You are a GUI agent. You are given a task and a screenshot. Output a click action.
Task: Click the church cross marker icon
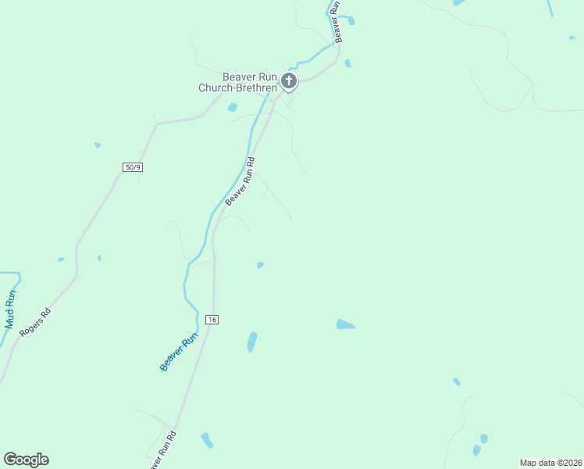click(x=289, y=81)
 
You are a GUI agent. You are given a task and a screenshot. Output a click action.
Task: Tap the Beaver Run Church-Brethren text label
click(x=239, y=82)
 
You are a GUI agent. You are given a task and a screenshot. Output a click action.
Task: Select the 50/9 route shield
click(x=134, y=167)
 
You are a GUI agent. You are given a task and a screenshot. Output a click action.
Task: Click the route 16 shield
click(x=212, y=320)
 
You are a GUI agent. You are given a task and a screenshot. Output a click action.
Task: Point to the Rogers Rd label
click(x=35, y=321)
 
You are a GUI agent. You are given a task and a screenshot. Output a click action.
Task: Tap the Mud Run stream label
click(x=10, y=309)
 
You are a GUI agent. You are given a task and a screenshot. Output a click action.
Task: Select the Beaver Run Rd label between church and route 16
click(x=240, y=182)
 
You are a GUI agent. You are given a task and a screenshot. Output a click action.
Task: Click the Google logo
click(x=26, y=460)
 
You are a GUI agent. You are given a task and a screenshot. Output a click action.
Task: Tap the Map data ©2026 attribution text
click(x=550, y=463)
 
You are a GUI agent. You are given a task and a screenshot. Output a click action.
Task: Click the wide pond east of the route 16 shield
click(x=345, y=324)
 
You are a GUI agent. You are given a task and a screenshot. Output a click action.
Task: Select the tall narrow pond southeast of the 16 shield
click(x=252, y=342)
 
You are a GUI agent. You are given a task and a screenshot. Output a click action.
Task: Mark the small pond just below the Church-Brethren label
click(x=232, y=107)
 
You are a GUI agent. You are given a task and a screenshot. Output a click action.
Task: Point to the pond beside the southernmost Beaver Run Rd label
click(x=207, y=440)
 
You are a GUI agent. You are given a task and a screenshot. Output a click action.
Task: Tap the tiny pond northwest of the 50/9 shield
click(x=98, y=145)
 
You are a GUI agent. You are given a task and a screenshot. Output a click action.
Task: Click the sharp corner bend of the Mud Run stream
click(x=19, y=274)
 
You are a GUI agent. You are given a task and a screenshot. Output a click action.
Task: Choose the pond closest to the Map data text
click(x=477, y=450)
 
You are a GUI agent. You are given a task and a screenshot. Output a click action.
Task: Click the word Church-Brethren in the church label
click(x=237, y=88)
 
